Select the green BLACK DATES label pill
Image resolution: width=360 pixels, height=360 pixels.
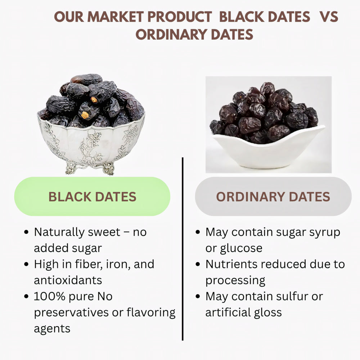coord(92,197)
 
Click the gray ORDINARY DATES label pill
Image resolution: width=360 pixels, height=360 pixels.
coord(273,197)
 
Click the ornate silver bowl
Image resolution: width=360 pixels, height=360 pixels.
coord(92,144)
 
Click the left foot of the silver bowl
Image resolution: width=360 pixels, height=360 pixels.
coord(71,168)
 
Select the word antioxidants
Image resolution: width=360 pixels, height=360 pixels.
coord(68,280)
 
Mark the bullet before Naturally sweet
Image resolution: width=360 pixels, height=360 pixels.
coord(26,233)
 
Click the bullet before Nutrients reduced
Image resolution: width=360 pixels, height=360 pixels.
coord(198,265)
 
